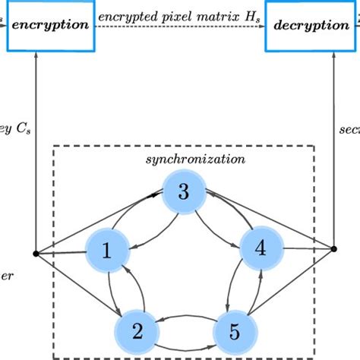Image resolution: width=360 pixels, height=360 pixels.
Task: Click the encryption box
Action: pyautogui.click(x=51, y=25)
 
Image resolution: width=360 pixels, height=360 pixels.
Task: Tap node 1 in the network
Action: pyautogui.click(x=107, y=251)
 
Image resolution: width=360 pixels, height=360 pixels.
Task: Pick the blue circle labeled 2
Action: pyautogui.click(x=136, y=330)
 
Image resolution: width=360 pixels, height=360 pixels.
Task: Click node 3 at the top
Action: pyautogui.click(x=184, y=191)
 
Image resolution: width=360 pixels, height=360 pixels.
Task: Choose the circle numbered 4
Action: pyautogui.click(x=261, y=247)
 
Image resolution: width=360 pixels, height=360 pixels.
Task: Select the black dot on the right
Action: pyautogui.click(x=333, y=248)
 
